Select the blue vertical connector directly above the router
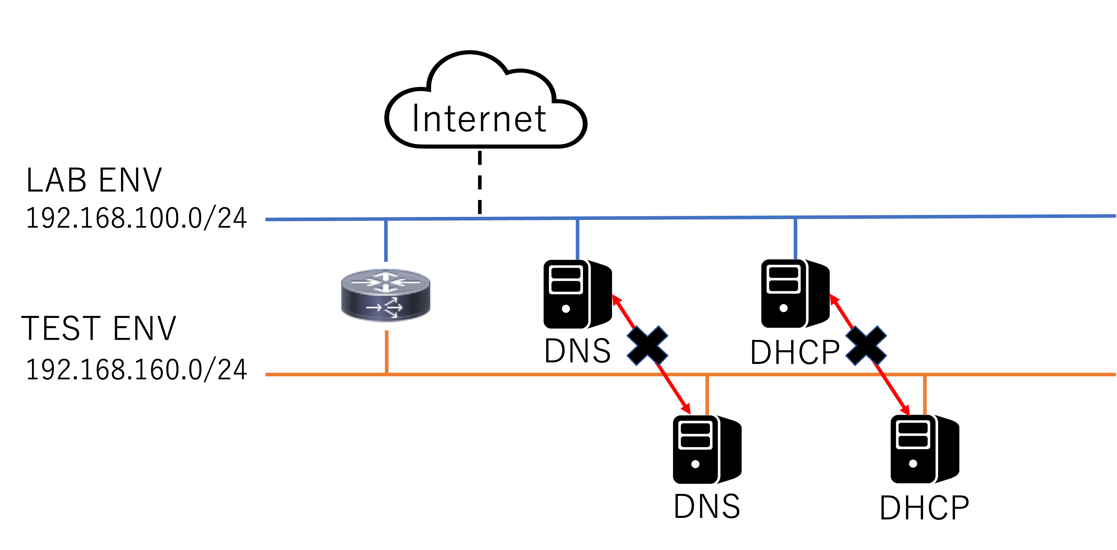click(386, 241)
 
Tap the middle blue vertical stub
click(578, 240)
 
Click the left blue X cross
click(647, 346)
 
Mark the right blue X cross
click(866, 346)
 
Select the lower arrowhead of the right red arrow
click(906, 411)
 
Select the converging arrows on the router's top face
click(386, 282)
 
